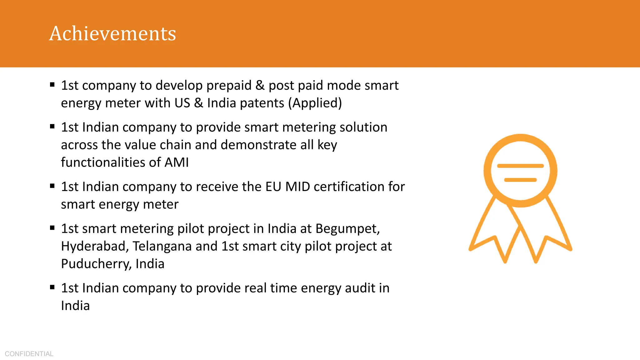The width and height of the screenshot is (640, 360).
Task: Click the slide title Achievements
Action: tap(112, 33)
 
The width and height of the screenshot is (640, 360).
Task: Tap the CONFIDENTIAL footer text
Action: tap(29, 354)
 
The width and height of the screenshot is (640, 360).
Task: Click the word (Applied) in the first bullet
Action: tap(315, 103)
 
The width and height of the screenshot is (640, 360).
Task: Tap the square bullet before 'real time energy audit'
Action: tap(52, 287)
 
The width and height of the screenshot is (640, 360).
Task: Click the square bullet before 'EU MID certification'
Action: tap(52, 186)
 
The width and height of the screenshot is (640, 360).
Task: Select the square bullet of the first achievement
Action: tap(52, 84)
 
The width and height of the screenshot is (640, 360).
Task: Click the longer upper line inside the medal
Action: tap(520, 166)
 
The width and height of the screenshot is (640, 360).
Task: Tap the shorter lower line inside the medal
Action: tap(520, 180)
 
